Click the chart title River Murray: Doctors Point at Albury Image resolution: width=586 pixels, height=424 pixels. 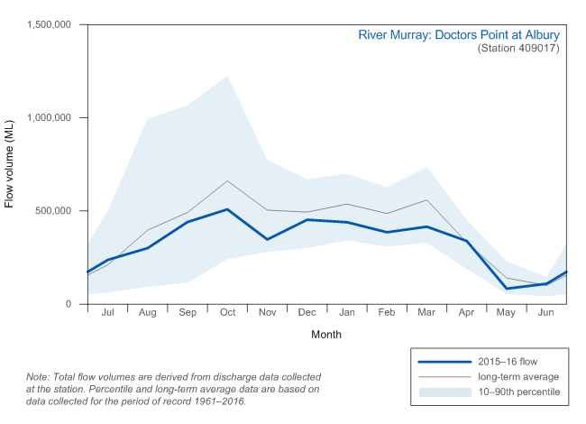click(x=459, y=35)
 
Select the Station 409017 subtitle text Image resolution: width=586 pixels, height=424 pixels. click(x=518, y=49)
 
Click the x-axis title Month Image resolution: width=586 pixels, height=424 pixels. click(x=326, y=334)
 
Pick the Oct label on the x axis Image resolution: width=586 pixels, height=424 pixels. click(x=227, y=312)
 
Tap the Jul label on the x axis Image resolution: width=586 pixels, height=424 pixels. click(x=108, y=312)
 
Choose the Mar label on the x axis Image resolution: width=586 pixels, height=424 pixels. click(x=426, y=312)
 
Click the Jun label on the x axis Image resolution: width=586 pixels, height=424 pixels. click(x=545, y=312)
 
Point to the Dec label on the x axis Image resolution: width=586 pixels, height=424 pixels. click(x=307, y=312)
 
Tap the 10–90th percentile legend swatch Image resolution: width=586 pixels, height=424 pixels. click(x=444, y=392)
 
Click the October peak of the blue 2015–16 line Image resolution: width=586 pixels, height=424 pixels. click(x=227, y=209)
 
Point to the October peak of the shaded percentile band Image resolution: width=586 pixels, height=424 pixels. click(x=227, y=76)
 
